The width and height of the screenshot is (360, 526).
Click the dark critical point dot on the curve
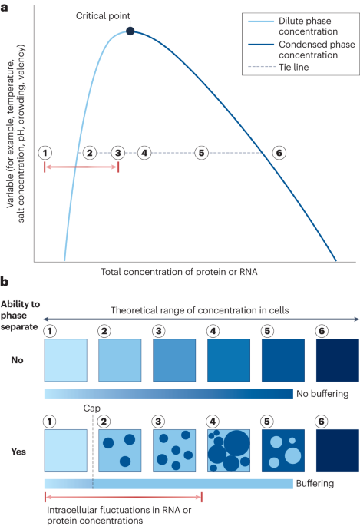pos(130,31)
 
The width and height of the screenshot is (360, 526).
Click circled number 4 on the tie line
pos(144,152)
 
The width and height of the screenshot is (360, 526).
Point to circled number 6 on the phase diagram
pos(279,152)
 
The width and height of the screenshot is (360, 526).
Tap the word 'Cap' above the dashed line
pos(92,409)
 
